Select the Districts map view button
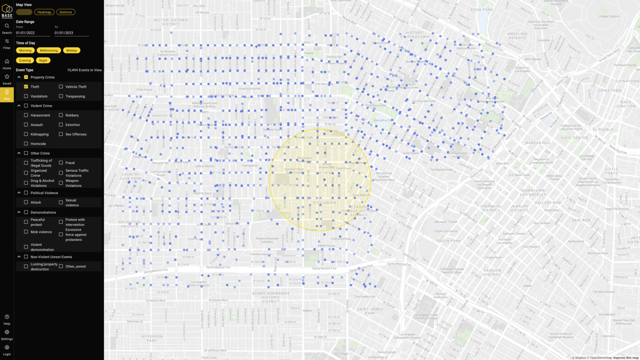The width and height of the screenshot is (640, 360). (x=65, y=12)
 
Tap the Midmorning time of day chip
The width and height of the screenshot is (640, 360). (x=48, y=50)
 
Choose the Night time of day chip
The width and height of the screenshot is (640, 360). (x=43, y=60)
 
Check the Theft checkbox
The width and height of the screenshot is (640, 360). (x=26, y=86)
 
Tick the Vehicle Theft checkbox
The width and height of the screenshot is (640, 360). (x=61, y=86)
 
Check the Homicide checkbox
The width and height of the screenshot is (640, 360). (x=26, y=143)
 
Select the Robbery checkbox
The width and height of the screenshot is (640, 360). (x=61, y=115)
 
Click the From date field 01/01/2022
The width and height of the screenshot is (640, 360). (x=32, y=33)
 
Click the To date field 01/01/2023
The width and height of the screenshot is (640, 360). (x=71, y=33)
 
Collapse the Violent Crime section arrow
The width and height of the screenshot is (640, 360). (x=19, y=105)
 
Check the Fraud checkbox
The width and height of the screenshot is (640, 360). (x=61, y=162)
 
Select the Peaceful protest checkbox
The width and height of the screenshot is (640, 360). (x=26, y=222)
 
